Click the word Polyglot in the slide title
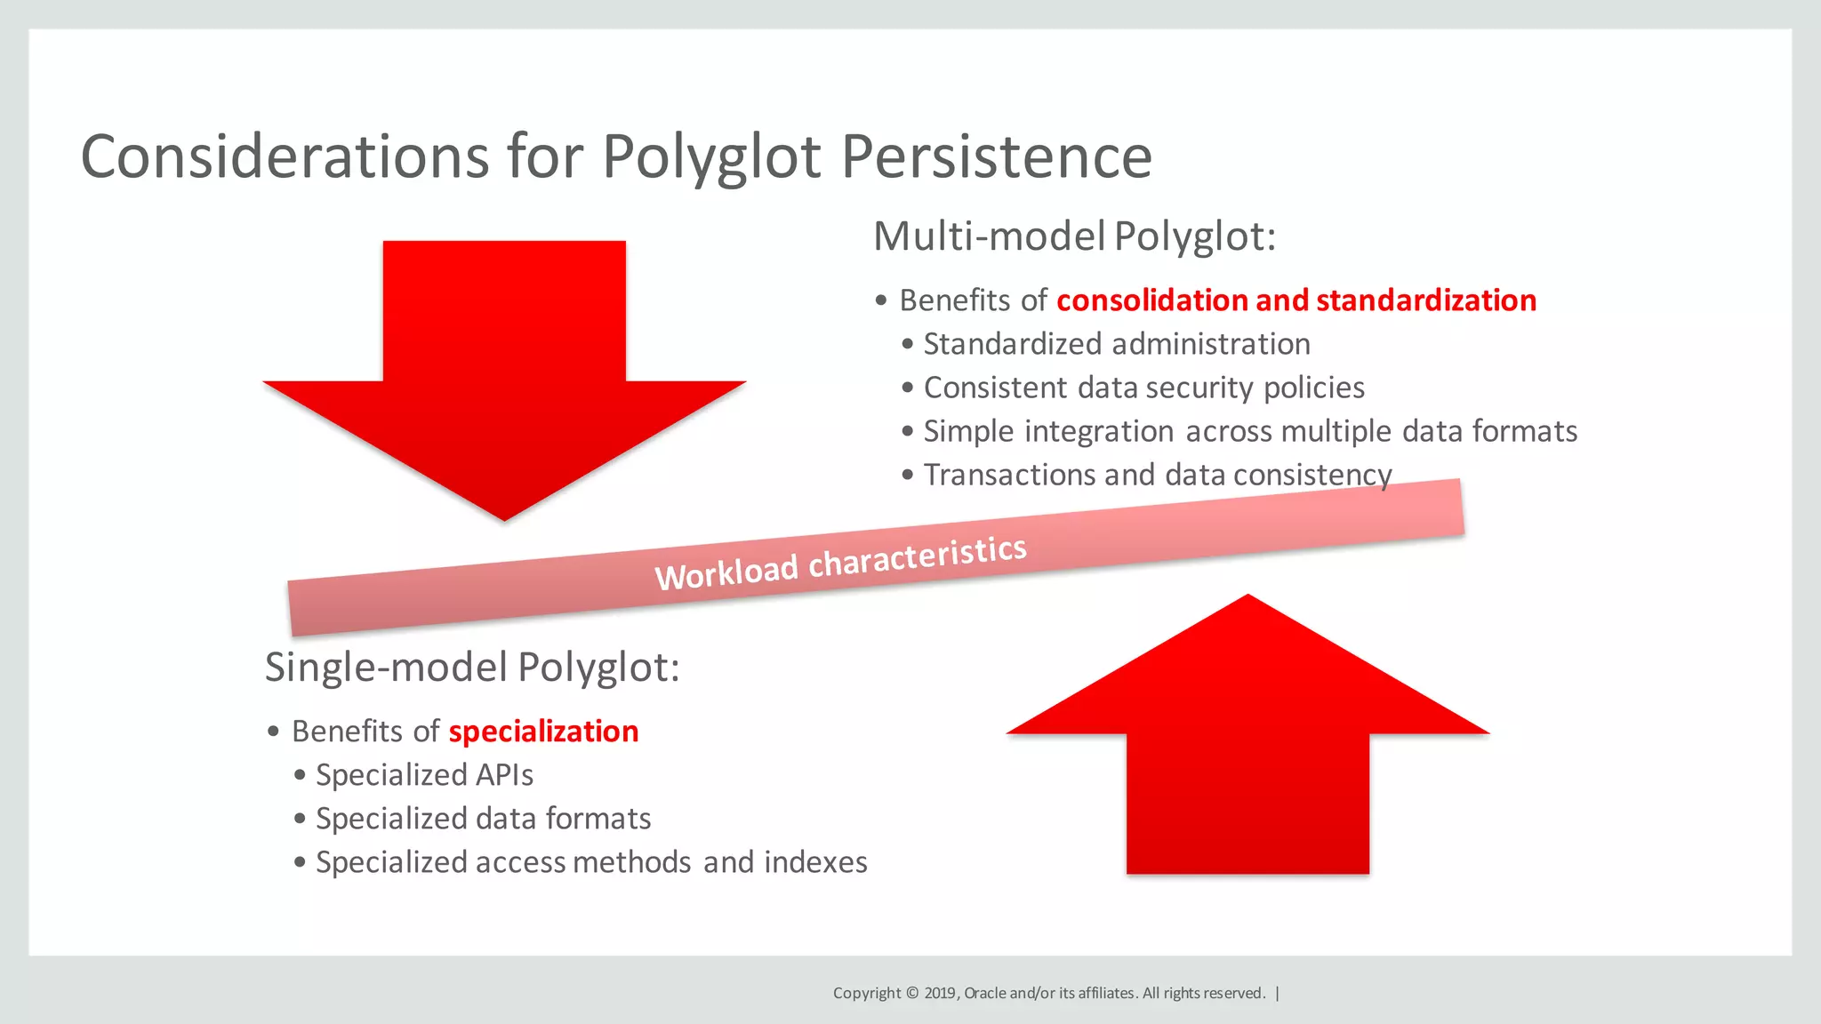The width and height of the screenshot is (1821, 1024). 711,157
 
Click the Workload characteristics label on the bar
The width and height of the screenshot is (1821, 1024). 840,563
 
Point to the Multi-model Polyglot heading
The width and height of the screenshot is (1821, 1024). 1074,236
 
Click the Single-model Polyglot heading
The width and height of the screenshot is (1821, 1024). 472,667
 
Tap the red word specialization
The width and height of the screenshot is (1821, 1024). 543,732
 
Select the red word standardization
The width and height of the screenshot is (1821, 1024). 1426,300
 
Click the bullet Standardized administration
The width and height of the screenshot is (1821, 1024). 1117,344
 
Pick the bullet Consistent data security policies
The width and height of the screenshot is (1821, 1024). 1143,388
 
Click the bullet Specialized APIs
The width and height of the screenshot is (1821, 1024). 424,775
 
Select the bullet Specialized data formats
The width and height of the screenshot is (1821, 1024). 483,819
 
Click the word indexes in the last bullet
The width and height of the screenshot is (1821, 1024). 815,862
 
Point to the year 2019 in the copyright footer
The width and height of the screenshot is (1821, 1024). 940,993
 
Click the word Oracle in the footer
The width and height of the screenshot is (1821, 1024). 985,993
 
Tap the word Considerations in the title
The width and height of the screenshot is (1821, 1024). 285,157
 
